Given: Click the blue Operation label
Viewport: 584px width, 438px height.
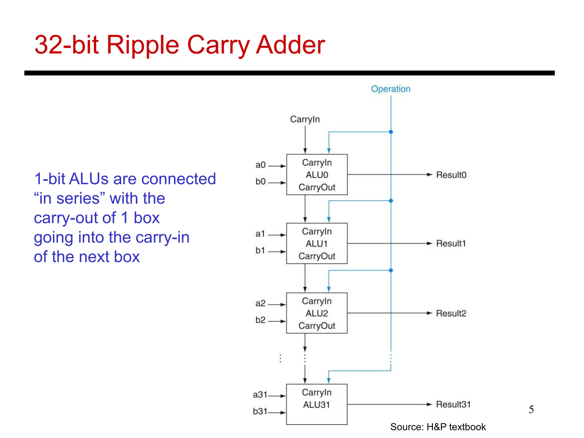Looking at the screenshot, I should click(390, 89).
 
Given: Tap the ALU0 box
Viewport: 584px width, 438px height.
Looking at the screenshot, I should click(317, 175).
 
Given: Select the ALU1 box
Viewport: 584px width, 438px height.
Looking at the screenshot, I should click(317, 243).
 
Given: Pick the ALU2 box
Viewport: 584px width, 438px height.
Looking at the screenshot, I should click(317, 313).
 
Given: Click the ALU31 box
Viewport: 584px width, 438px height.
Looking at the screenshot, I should click(317, 404).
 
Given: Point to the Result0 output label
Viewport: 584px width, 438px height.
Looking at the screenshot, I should click(451, 175).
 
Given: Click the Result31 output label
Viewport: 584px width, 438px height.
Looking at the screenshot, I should click(453, 404).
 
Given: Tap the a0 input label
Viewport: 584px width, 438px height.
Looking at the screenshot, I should click(260, 165).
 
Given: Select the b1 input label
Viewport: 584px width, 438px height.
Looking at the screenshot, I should click(260, 250).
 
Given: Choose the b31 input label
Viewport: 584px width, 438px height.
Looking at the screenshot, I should click(260, 411).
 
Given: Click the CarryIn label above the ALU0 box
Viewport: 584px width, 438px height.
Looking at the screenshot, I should click(305, 119).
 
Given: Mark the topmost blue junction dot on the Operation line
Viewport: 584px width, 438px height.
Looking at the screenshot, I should click(391, 132).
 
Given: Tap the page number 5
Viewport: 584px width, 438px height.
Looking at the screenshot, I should click(531, 409).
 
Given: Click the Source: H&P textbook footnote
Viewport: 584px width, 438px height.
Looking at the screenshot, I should click(438, 427).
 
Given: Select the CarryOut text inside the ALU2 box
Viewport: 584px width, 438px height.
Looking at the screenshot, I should click(317, 326).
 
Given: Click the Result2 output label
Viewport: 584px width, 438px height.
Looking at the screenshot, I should click(451, 313).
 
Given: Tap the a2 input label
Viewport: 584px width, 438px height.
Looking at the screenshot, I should click(260, 303).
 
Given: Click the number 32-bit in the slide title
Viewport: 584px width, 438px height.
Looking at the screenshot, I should click(67, 45).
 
